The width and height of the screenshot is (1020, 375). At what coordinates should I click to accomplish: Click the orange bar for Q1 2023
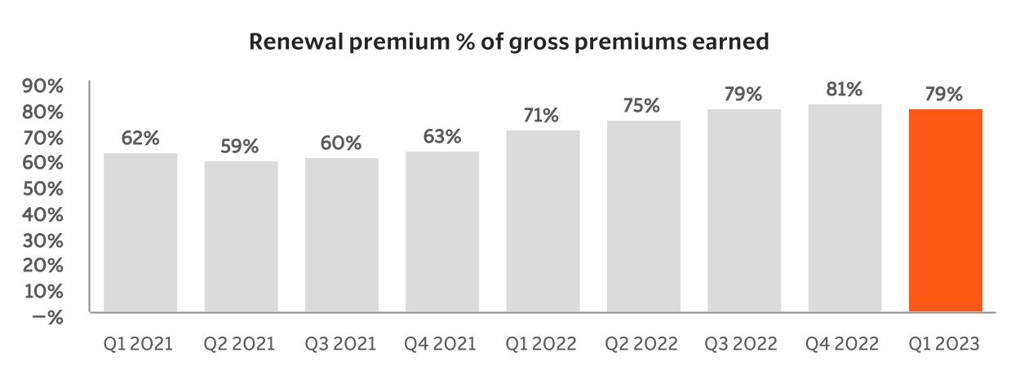945,210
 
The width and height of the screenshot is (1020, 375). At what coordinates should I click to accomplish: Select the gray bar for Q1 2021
140,232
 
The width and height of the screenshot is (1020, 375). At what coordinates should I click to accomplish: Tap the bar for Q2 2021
241,236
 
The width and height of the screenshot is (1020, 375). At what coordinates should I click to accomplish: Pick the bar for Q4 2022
845,208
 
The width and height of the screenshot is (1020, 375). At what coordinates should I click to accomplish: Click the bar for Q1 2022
543,221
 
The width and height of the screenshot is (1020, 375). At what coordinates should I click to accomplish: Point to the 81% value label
845,90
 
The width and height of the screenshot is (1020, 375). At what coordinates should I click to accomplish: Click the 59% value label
241,147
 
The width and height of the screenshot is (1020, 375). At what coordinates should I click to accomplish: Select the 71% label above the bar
543,116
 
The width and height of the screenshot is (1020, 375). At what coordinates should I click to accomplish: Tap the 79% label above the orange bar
945,95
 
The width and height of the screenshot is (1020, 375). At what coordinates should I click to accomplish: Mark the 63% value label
442,136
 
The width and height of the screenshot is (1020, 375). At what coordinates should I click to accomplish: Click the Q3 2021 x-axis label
340,344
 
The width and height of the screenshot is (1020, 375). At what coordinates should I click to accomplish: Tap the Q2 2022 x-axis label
641,344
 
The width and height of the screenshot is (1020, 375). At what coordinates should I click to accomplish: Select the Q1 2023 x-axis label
944,344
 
